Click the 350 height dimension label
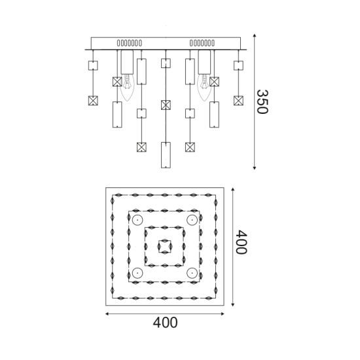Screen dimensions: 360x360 point(262,102)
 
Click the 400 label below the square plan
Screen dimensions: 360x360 point(165,323)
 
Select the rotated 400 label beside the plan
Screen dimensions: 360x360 point(242,242)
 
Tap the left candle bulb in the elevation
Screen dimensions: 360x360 point(127,87)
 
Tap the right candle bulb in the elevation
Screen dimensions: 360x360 point(204,87)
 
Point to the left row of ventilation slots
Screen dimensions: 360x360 point(130,43)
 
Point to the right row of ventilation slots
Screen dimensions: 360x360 point(202,43)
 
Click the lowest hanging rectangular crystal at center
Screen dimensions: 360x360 point(166,155)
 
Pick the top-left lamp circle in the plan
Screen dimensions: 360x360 point(137,220)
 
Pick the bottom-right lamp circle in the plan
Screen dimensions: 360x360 point(192,273)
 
